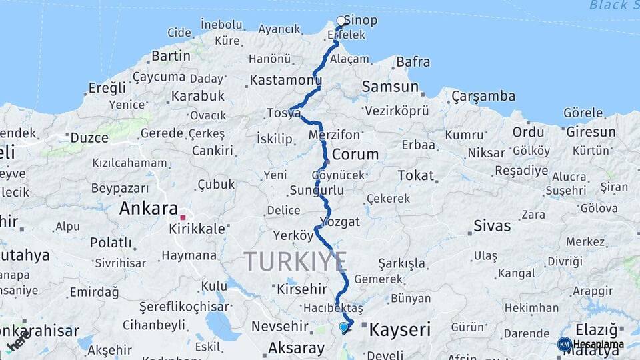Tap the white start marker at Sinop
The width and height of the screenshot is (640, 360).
click(341, 21)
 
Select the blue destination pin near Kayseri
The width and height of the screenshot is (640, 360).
click(344, 327)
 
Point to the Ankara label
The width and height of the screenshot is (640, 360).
click(149, 209)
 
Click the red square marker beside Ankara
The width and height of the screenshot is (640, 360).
click(183, 217)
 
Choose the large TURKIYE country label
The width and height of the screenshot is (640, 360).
click(295, 261)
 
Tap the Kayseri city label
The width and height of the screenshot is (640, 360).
click(400, 329)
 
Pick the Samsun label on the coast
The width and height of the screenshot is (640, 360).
click(390, 87)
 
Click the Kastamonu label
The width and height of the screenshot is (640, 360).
click(286, 81)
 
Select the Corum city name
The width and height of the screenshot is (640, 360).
click(355, 154)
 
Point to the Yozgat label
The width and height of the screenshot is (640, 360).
click(340, 221)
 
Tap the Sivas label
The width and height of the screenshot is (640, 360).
click(492, 225)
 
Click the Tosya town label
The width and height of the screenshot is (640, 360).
click(283, 113)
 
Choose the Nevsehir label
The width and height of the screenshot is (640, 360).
click(280, 327)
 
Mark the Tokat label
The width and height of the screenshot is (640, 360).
click(415, 176)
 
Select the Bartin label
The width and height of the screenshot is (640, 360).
click(171, 55)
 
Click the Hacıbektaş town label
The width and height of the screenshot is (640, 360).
click(333, 309)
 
